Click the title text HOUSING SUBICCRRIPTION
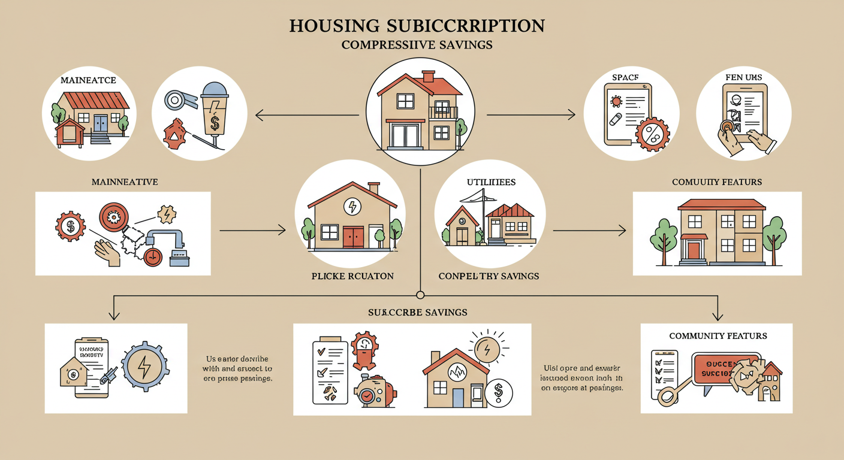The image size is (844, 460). [416, 26]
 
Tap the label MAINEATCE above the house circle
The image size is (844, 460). [88, 80]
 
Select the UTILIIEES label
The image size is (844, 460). [491, 181]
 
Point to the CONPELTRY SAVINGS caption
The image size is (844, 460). [489, 276]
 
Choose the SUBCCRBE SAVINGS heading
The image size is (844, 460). [418, 312]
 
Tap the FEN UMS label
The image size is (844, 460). [743, 77]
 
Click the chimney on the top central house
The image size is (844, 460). [428, 76]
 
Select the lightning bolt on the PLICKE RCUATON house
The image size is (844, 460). [352, 207]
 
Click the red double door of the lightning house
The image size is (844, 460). [353, 236]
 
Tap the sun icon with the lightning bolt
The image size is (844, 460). [487, 347]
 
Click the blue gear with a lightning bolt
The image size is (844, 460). [144, 366]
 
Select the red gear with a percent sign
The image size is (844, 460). [652, 133]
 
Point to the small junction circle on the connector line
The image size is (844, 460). [420, 295]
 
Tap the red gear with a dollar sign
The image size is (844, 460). [70, 227]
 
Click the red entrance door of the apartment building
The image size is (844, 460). [694, 250]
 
